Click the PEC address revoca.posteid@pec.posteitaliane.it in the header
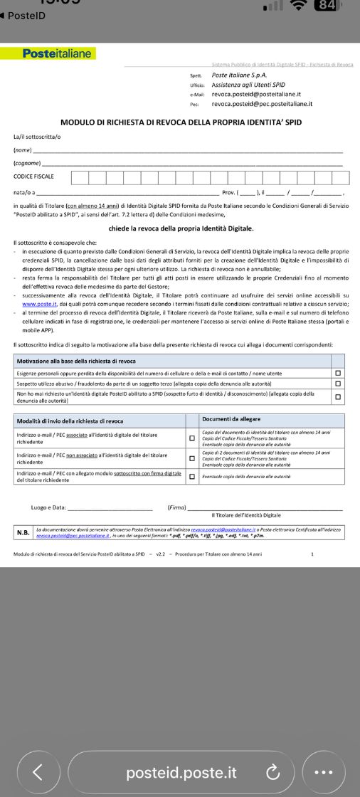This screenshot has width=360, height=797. point(262,103)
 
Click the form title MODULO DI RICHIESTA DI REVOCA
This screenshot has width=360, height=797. point(181,122)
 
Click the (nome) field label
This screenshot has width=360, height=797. point(23,150)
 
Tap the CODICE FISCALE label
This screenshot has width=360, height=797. point(33,176)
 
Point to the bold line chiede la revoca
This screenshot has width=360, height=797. point(181,228)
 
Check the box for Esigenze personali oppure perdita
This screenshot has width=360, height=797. point(338,373)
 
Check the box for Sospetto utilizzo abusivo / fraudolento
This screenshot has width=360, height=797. point(338,384)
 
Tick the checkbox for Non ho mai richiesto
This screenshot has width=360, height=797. point(338,396)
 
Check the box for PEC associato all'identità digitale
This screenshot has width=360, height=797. point(191,438)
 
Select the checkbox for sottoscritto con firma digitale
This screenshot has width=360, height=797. point(191,476)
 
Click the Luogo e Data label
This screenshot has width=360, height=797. point(48,507)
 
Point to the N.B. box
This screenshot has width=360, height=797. point(23,532)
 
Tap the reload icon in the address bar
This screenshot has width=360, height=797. point(271,772)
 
